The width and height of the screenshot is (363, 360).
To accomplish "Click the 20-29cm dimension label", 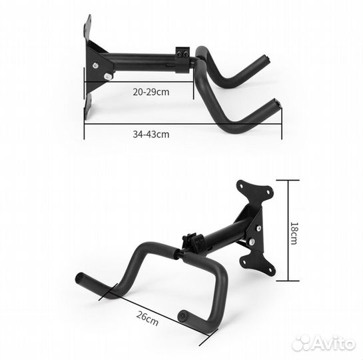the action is pyautogui.click(x=151, y=92).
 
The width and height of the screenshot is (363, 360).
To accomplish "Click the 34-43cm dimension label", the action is pyautogui.click(x=151, y=135).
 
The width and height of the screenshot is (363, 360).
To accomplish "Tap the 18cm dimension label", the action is pyautogui.click(x=294, y=233).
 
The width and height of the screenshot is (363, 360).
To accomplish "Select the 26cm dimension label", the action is pyautogui.click(x=147, y=319).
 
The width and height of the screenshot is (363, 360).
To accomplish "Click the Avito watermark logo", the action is pyautogui.click(x=324, y=343).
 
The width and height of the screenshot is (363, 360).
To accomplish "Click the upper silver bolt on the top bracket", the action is pyautogui.click(x=95, y=65).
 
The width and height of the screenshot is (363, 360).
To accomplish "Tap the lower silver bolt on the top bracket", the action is pyautogui.click(x=107, y=76).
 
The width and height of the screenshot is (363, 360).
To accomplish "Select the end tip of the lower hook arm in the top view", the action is pyautogui.click(x=277, y=103).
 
